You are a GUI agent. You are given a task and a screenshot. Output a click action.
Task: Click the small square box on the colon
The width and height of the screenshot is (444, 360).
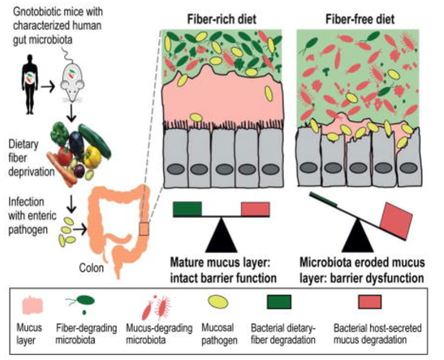click(x=143, y=229)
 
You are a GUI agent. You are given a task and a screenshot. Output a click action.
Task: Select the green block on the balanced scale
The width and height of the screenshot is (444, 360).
click(x=187, y=209)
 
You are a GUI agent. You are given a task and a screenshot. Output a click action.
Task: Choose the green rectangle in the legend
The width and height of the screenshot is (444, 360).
click(x=279, y=301)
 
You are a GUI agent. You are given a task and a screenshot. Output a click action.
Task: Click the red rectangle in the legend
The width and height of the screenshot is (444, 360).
click(x=366, y=301)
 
